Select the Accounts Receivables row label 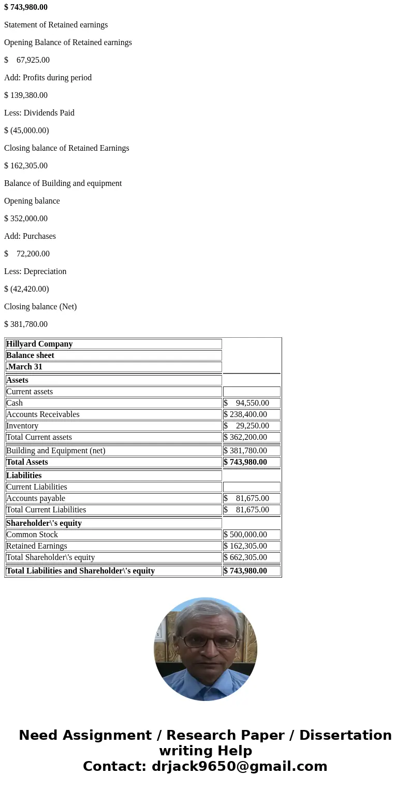click(x=43, y=414)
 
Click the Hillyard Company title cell click(x=39, y=344)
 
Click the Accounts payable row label click(x=36, y=498)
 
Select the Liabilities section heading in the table click(x=24, y=476)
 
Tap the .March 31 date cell click(x=24, y=367)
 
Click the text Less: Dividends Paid click(x=39, y=113)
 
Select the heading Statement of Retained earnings click(x=56, y=25)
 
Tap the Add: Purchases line click(x=30, y=236)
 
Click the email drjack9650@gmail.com click(x=239, y=766)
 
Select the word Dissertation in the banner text click(x=345, y=735)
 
